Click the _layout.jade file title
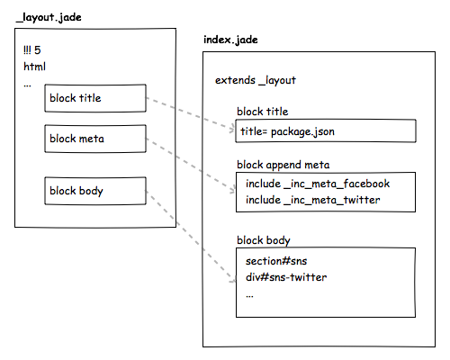click(x=49, y=17)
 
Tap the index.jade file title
click(x=230, y=40)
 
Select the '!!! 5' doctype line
click(x=31, y=49)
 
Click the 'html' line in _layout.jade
click(x=34, y=67)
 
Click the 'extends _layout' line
click(x=256, y=80)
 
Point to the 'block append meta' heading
click(x=283, y=165)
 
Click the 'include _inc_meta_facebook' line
click(x=318, y=184)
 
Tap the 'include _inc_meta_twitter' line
click(x=312, y=200)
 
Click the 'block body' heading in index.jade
click(x=264, y=240)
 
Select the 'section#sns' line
click(x=276, y=261)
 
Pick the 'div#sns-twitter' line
click(x=286, y=277)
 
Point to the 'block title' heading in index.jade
click(x=262, y=112)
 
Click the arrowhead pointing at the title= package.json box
click(x=232, y=130)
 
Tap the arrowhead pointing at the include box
click(x=233, y=190)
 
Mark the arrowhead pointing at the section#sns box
click(x=233, y=281)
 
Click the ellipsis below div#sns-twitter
click(x=249, y=296)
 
